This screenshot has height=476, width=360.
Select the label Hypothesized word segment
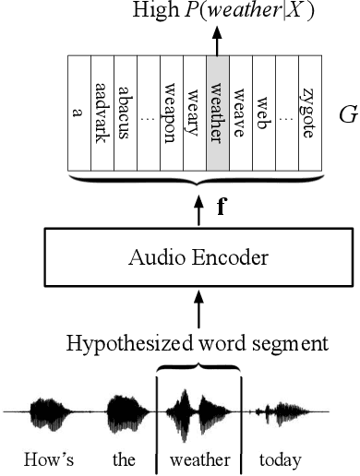[x=197, y=344]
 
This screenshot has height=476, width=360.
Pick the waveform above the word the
[x=123, y=410]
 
